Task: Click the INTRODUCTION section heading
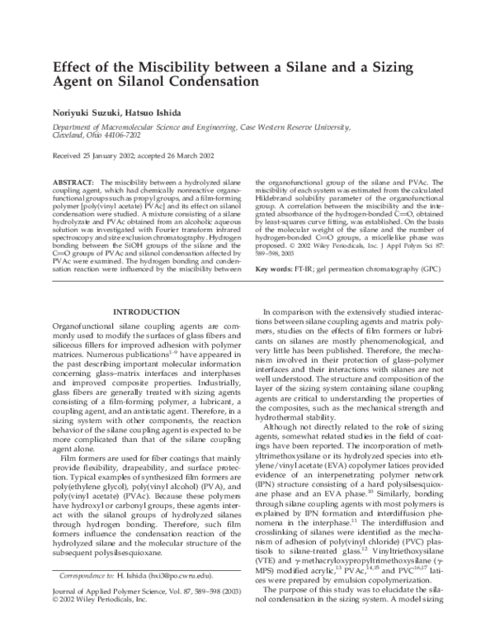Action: (x=145, y=288)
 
